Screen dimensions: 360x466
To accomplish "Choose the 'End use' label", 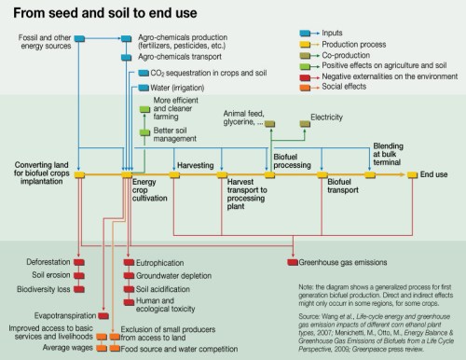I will (434, 174).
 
